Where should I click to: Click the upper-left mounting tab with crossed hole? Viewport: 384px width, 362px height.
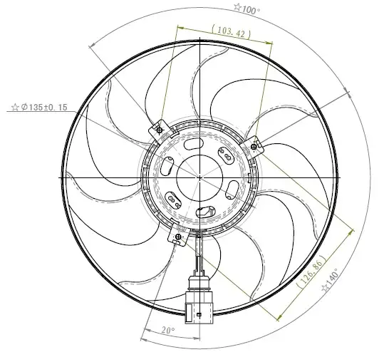(x=158, y=130)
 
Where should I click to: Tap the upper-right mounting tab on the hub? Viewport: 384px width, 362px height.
(x=255, y=146)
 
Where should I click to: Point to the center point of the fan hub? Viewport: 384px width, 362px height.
(x=201, y=176)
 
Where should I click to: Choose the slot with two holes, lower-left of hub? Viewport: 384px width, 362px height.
(x=173, y=199)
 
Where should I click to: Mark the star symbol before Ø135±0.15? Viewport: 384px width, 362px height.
(x=15, y=108)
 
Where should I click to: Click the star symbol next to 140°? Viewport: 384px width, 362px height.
(x=325, y=287)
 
